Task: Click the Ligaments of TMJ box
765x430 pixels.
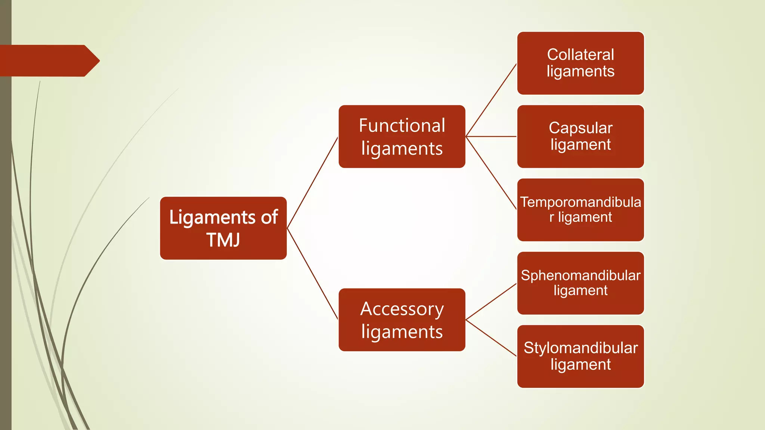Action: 223,228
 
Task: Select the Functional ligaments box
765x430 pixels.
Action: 402,137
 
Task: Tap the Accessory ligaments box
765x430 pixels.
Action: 402,320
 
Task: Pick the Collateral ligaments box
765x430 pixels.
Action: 580,63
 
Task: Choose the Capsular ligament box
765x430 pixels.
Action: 580,137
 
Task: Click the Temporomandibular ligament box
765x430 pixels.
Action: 580,210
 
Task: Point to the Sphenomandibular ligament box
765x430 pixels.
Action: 580,283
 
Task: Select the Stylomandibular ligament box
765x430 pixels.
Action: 580,356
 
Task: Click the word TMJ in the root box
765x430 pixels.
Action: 223,240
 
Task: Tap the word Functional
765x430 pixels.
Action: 402,125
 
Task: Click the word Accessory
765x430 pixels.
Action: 402,309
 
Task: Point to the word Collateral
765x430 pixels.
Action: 580,54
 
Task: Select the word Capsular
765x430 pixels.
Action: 580,128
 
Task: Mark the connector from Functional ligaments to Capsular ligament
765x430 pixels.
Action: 491,137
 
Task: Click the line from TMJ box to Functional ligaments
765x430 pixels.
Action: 312,183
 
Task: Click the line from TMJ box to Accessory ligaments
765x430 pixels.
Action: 312,274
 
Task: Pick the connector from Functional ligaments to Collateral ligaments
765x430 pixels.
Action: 491,100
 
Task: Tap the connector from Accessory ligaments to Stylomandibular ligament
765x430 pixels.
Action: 491,338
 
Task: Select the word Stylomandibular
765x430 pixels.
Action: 580,348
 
